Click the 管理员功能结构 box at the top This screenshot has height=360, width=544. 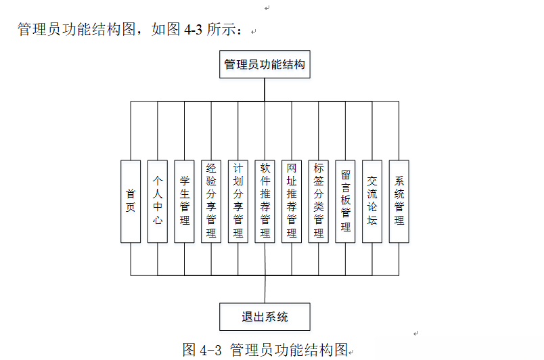(x=265, y=65)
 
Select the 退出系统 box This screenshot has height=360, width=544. (x=265, y=317)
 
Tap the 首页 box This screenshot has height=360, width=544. (x=131, y=201)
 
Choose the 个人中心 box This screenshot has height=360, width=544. (x=158, y=201)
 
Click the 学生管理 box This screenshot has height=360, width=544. (x=184, y=201)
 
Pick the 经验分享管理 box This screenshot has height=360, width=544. (x=211, y=201)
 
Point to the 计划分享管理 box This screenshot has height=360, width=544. (x=238, y=201)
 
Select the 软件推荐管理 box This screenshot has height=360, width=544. (x=265, y=201)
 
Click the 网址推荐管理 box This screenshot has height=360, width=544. (x=292, y=201)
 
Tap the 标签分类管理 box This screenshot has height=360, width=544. (x=319, y=201)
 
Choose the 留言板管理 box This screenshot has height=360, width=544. (x=346, y=201)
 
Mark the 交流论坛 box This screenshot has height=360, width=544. (x=372, y=201)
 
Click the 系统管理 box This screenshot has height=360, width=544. (x=399, y=201)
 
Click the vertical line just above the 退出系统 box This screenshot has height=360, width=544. (x=265, y=290)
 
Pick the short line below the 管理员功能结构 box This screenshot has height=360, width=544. (x=265, y=89)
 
